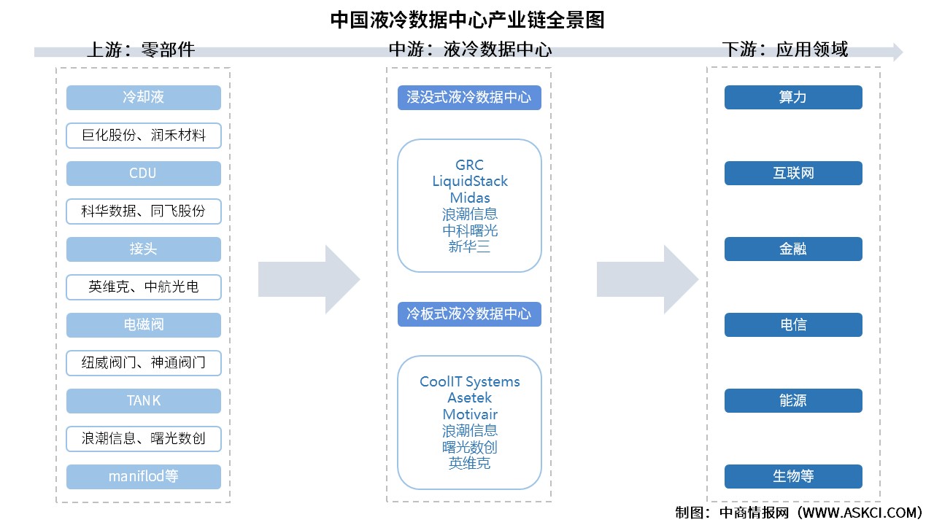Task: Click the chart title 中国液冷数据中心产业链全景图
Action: [x=467, y=19]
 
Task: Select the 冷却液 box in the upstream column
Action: [x=144, y=98]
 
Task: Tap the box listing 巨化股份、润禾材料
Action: [x=144, y=136]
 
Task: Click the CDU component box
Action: [x=144, y=174]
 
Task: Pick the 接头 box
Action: [x=144, y=249]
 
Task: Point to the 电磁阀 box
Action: [x=144, y=325]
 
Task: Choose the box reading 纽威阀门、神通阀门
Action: [x=144, y=363]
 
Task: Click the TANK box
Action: [x=144, y=401]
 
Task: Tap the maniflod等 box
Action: [x=144, y=477]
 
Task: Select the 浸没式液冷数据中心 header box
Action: [x=469, y=98]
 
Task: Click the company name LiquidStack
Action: [x=469, y=182]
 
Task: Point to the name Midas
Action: [x=469, y=198]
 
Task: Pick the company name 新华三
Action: [x=469, y=247]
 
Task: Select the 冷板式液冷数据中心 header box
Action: [x=469, y=314]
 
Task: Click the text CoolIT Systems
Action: [x=469, y=382]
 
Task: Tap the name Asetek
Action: [x=469, y=398]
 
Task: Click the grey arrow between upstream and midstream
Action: [x=309, y=280]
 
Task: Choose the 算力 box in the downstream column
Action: [x=793, y=98]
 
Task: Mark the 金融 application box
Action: [x=793, y=249]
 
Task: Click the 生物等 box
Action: [x=793, y=477]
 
